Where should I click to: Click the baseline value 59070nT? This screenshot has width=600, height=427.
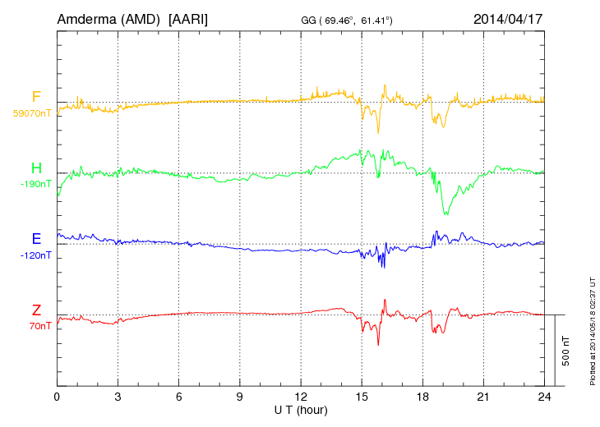tap(32, 113)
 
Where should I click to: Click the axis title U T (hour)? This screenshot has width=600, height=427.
tap(301, 410)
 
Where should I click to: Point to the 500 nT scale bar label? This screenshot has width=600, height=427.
tap(566, 350)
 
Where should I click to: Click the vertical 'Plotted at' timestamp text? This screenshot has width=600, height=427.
tap(592, 328)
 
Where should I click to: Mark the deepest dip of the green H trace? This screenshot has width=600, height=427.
tap(446, 213)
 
